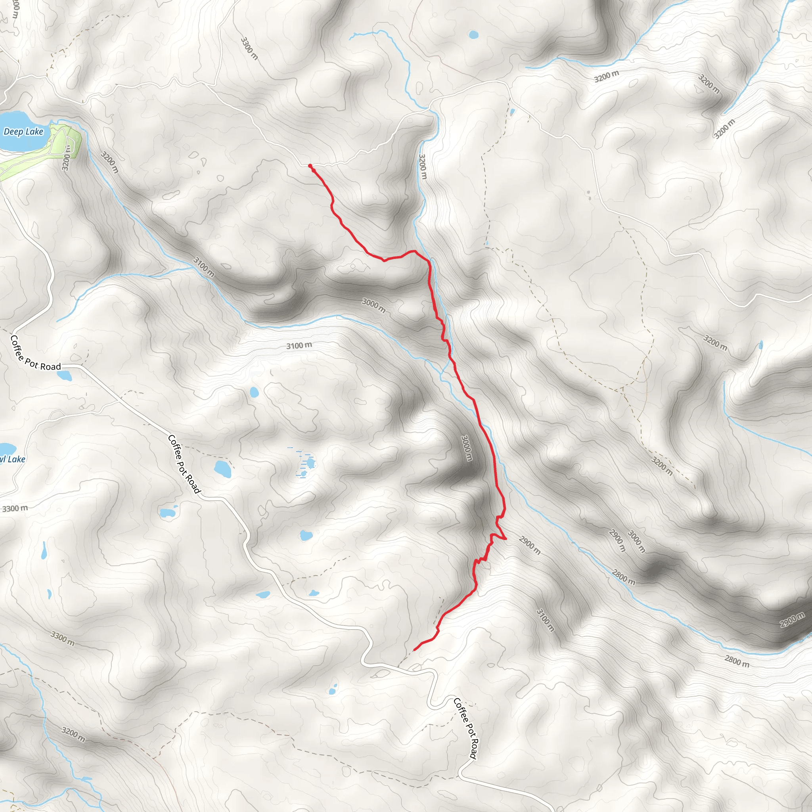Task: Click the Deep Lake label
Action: pos(23,132)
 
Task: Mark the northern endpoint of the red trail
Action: pos(310,167)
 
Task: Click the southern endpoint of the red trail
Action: pos(414,650)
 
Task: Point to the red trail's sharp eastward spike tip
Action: pos(506,538)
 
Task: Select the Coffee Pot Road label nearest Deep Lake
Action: pos(35,353)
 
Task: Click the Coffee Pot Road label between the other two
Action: pos(184,464)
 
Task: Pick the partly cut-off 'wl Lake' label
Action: pos(13,459)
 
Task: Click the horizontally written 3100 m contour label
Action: pos(299,345)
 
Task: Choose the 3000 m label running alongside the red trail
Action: pos(467,448)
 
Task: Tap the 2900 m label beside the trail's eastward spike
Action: pos(530,545)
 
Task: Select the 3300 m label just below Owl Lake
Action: pos(15,509)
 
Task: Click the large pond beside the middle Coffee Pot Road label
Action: pos(222,469)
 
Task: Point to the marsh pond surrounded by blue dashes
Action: pos(310,463)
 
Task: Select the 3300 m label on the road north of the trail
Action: pos(249,48)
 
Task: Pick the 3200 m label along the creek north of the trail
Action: pos(423,167)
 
